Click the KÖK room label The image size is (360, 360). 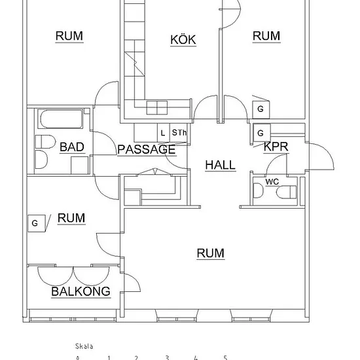183,40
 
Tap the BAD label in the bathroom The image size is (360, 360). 72,147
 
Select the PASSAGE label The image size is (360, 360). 147,149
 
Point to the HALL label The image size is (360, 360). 221,165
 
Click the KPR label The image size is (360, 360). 276,147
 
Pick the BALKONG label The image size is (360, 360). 81,291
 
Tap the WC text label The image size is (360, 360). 272,182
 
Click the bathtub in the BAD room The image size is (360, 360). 61,118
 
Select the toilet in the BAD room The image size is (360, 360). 45,141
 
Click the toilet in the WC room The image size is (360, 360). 286,192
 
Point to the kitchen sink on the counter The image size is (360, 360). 157,107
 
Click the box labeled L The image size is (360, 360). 163,133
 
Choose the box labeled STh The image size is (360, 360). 179,133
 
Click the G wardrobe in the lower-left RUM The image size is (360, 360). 36,223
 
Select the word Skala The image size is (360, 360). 84,346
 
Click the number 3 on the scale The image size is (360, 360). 167,357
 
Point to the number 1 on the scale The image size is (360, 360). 109,357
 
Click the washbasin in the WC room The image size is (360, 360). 258,190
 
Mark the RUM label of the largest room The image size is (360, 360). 211,253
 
